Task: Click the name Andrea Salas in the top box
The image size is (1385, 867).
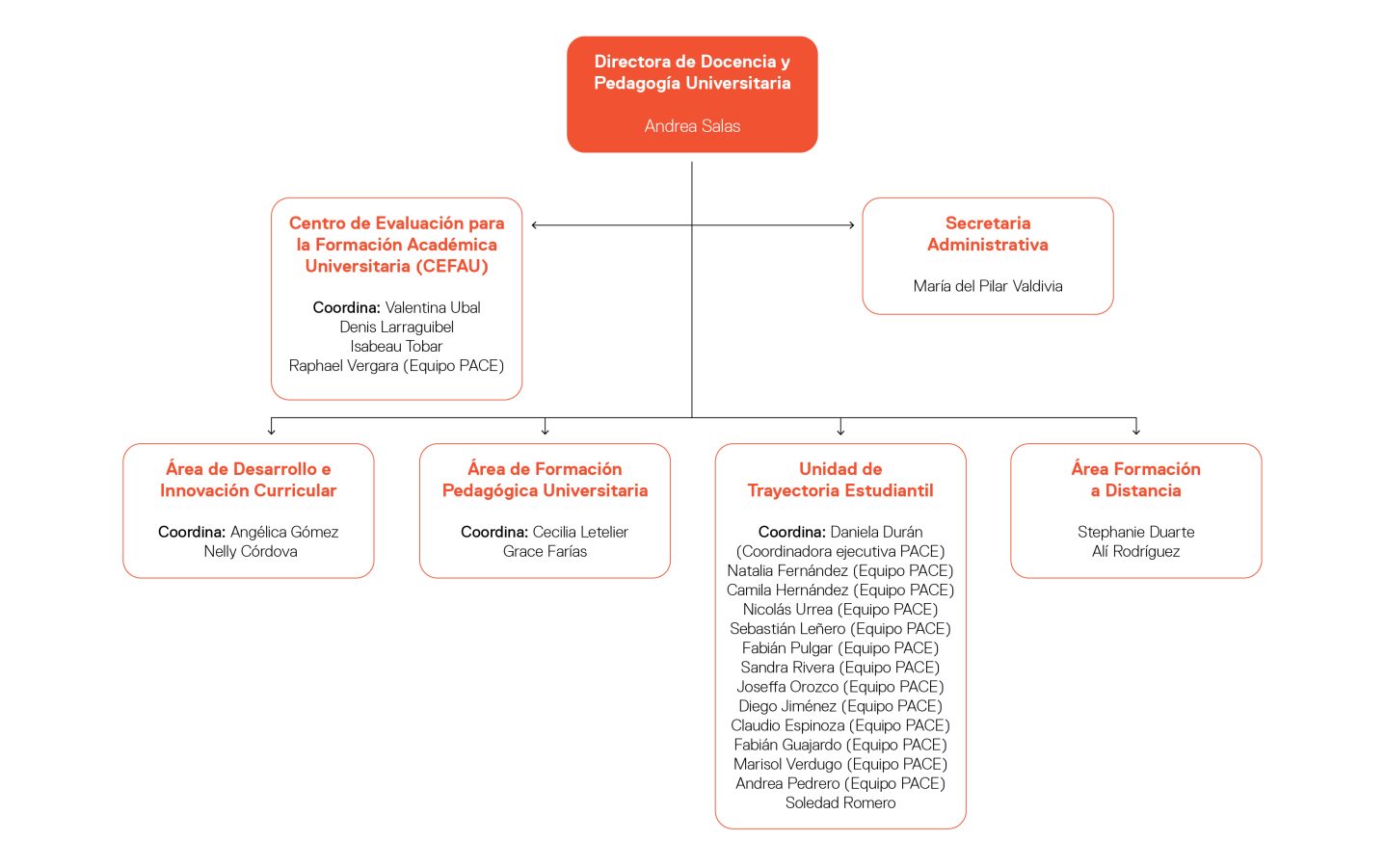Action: (692, 126)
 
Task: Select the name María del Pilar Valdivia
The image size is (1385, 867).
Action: (988, 286)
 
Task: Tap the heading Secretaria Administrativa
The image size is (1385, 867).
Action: (988, 233)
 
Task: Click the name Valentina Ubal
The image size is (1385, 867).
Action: (433, 307)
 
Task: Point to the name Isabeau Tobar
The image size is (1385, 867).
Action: (396, 346)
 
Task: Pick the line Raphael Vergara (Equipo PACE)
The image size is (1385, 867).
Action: (396, 366)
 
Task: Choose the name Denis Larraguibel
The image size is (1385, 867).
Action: (396, 327)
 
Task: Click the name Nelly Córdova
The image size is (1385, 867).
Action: (251, 551)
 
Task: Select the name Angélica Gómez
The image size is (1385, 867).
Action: (284, 532)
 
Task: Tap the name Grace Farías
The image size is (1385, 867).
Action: (545, 551)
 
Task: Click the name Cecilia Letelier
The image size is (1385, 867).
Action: (580, 532)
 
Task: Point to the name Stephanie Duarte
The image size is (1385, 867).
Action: (1135, 532)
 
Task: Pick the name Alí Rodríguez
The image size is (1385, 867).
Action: (1135, 551)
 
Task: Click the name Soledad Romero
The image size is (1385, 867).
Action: (840, 802)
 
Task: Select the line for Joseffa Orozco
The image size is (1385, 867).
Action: (840, 687)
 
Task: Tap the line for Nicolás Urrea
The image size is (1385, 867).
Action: (840, 610)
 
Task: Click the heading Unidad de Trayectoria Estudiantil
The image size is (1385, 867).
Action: (840, 480)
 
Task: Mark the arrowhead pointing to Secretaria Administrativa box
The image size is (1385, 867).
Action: (851, 225)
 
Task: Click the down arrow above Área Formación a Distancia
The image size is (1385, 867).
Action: (1135, 427)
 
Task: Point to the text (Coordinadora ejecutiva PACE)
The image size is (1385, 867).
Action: (840, 551)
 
